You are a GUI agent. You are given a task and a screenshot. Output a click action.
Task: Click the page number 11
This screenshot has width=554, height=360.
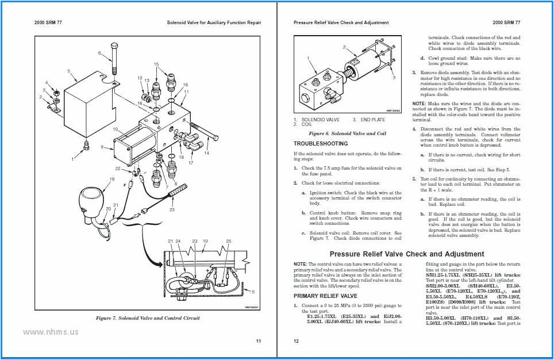(x=258, y=341)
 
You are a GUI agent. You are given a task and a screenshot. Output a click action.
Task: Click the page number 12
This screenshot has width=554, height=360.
(x=297, y=341)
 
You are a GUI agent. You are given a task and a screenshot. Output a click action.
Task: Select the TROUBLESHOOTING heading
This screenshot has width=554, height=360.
(x=321, y=143)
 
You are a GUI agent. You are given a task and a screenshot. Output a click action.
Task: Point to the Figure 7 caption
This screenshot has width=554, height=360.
(x=148, y=317)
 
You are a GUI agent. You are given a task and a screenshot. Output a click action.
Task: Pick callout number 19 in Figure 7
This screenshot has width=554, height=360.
(x=112, y=179)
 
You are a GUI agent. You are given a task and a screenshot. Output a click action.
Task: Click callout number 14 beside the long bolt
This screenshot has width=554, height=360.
(x=207, y=154)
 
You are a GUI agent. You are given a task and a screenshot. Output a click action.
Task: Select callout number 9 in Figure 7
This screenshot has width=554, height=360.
(x=103, y=147)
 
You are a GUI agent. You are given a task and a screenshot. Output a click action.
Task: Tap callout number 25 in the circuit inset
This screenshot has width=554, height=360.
(x=228, y=240)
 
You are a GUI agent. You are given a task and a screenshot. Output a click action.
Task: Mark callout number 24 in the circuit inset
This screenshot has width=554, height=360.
(x=178, y=240)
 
